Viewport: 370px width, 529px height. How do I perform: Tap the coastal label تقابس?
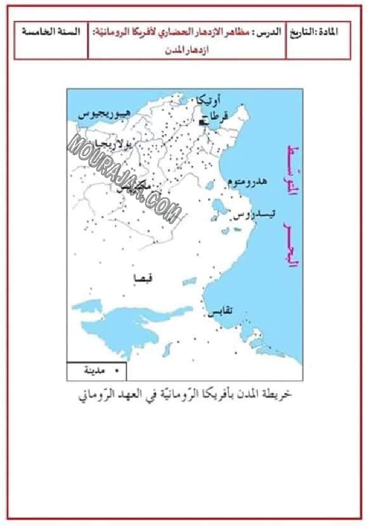(x=220, y=311)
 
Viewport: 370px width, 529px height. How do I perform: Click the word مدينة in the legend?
(x=94, y=371)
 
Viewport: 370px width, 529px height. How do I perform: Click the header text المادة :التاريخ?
(x=319, y=32)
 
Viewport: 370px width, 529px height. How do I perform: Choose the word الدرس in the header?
(x=271, y=32)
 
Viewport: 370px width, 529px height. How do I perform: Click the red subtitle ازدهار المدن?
(x=187, y=52)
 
